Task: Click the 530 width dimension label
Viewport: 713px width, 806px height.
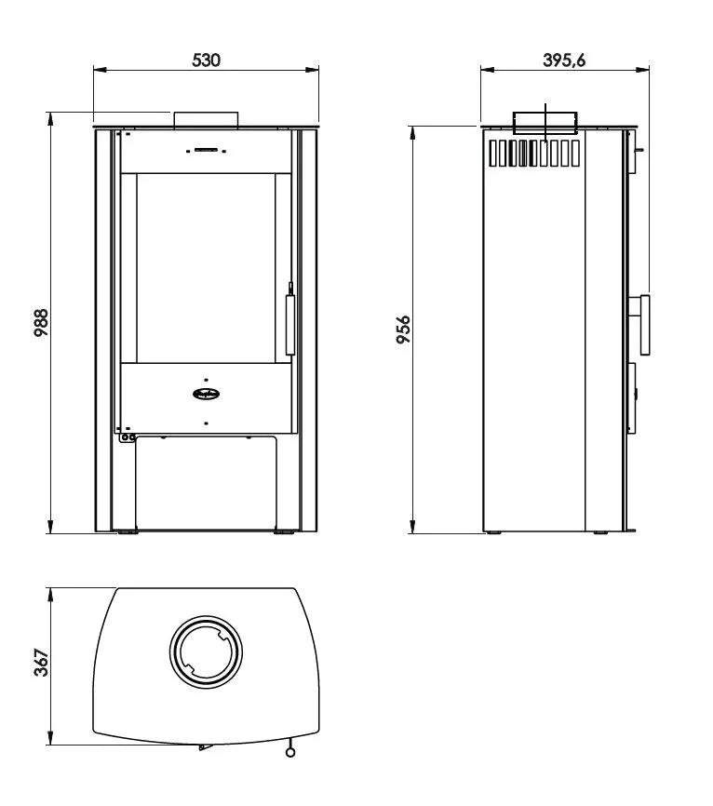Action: tap(206, 60)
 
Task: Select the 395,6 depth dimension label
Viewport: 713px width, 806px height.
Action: tap(564, 60)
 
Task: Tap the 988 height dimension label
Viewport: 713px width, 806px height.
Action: tap(40, 323)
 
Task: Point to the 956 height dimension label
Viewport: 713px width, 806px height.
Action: tap(403, 329)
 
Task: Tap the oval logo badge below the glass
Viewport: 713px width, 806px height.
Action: tap(206, 392)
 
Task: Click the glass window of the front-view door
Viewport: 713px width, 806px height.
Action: tap(206, 268)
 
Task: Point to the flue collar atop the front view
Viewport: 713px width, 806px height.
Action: tap(206, 118)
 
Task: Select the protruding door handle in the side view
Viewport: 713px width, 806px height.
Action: tap(643, 326)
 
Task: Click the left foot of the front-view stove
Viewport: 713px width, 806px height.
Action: tap(125, 533)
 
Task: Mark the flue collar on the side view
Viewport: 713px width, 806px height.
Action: tap(545, 122)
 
